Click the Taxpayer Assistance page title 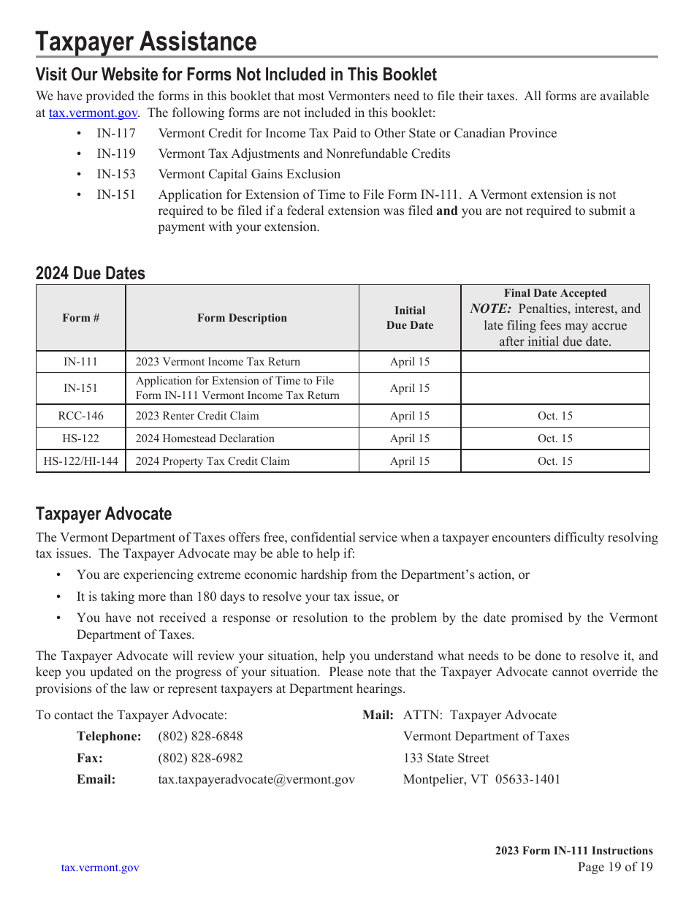(x=146, y=42)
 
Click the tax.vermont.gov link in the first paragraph (x=93, y=113)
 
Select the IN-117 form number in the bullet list (x=116, y=134)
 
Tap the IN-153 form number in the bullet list (x=116, y=175)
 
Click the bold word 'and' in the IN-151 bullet (x=446, y=211)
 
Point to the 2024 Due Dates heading (x=91, y=273)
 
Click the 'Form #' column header (x=81, y=318)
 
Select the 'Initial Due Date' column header (x=410, y=318)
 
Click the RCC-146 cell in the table (x=81, y=416)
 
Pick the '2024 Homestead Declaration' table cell (x=205, y=439)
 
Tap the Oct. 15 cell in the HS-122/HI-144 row (x=555, y=461)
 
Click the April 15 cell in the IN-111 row (x=410, y=362)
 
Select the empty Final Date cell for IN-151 (x=555, y=388)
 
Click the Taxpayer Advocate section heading (x=104, y=514)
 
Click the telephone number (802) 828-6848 (x=200, y=736)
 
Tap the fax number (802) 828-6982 (x=200, y=758)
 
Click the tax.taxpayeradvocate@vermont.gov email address (x=256, y=779)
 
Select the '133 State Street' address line (x=446, y=758)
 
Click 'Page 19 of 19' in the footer (x=615, y=868)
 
